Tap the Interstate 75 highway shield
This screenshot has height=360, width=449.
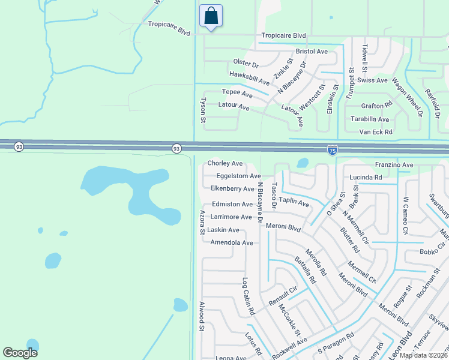pyautogui.click(x=333, y=149)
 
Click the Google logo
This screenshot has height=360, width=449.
pyautogui.click(x=20, y=353)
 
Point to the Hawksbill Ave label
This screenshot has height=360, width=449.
pyautogui.click(x=249, y=76)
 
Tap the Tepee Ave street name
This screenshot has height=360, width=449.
pyautogui.click(x=237, y=93)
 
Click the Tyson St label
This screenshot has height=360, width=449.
pyautogui.click(x=203, y=111)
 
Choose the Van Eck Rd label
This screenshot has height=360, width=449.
pyautogui.click(x=375, y=131)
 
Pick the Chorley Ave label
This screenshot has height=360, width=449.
pyautogui.click(x=225, y=163)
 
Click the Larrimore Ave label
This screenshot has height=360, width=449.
pyautogui.click(x=231, y=217)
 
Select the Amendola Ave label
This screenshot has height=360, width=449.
pyautogui.click(x=232, y=242)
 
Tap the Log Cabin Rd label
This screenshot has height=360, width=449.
pyautogui.click(x=248, y=296)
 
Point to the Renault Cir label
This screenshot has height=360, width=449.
pyautogui.click(x=283, y=295)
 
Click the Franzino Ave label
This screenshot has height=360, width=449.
pyautogui.click(x=394, y=165)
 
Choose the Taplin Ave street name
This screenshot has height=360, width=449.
pyautogui.click(x=294, y=204)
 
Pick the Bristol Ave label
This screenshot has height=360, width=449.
pyautogui.click(x=312, y=52)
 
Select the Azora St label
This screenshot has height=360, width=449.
pyautogui.click(x=202, y=222)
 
